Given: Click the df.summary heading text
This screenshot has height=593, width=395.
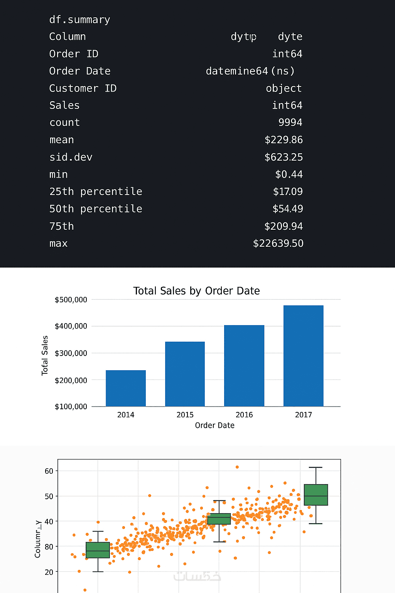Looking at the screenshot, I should (x=79, y=20).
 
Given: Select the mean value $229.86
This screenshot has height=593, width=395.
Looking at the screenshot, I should (x=284, y=140).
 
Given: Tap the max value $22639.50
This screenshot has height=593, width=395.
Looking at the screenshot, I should (x=278, y=243).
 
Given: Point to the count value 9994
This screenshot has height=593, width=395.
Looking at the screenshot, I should (x=290, y=122).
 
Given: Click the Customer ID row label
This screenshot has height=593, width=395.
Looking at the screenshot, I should (x=83, y=88).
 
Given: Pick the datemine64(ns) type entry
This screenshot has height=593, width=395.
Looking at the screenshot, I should (x=250, y=71).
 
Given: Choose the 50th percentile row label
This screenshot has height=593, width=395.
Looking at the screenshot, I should (x=96, y=209).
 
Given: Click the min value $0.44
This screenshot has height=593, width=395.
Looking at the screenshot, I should (x=289, y=175).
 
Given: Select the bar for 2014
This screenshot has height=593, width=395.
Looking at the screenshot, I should (x=126, y=388).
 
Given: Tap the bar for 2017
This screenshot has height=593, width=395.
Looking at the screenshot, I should (x=303, y=356).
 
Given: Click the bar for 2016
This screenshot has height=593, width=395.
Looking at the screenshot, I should (x=244, y=366).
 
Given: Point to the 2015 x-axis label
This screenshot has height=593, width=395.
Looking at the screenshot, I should (x=185, y=415).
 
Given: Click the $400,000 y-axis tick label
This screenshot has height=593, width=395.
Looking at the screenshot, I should (x=71, y=326).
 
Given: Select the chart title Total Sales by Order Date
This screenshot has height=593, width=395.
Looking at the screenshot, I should (x=196, y=291).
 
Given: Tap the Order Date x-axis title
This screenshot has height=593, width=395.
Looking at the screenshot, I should (x=214, y=425).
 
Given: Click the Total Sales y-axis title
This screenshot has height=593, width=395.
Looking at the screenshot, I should (x=45, y=355).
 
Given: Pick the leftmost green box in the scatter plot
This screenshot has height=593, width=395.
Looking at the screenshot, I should (x=98, y=550).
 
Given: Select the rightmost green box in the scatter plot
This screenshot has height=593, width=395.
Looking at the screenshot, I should (x=316, y=495).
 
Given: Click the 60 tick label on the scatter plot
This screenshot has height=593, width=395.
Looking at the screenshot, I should (x=49, y=471).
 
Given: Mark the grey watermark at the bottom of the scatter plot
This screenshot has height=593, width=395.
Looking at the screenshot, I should (x=197, y=576).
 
